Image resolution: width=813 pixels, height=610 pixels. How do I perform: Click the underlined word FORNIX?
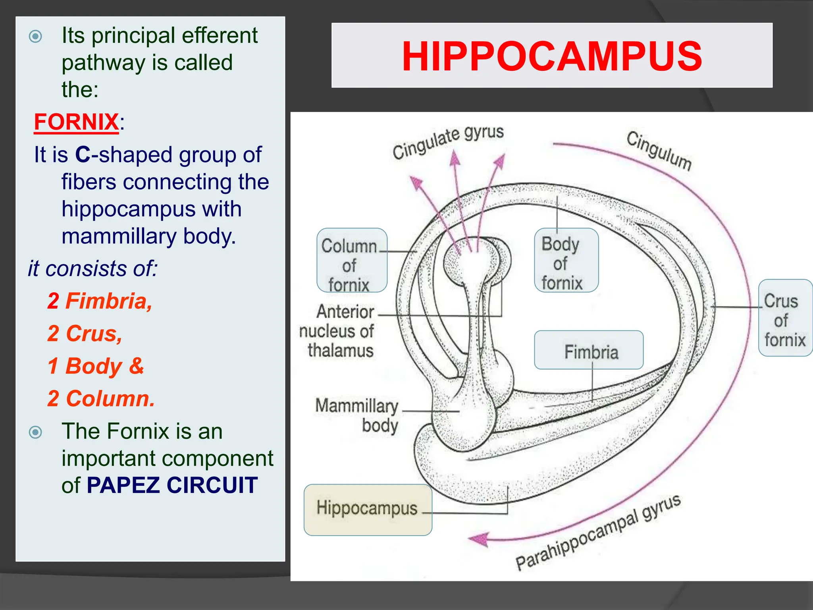(76, 122)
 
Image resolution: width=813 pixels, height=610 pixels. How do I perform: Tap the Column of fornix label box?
(351, 261)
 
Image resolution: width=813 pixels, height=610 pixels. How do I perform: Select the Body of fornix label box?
(566, 261)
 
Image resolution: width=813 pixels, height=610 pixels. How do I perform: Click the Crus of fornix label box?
(785, 318)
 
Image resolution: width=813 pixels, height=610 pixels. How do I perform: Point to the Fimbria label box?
(589, 350)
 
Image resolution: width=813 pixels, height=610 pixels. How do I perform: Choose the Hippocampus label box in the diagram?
(368, 510)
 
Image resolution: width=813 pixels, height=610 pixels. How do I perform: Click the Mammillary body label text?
(357, 415)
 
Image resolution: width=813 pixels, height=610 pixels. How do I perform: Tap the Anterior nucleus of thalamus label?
(337, 331)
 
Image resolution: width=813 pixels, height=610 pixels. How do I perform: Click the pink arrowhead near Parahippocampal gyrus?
(479, 539)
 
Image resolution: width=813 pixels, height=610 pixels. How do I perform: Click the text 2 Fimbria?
(100, 301)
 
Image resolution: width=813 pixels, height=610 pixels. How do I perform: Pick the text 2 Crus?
(85, 333)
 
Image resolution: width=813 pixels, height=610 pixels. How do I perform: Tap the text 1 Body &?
(95, 366)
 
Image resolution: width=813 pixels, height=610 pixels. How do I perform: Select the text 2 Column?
(101, 398)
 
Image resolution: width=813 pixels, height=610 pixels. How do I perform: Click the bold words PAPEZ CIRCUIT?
(172, 485)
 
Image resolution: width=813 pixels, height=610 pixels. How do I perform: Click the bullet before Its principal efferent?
(36, 37)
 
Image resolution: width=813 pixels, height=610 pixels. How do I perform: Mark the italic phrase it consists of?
(92, 268)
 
